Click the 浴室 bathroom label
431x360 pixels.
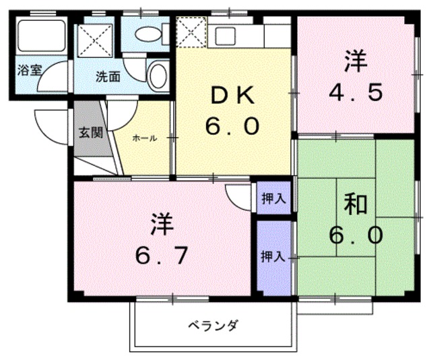pyautogui.click(x=27, y=69)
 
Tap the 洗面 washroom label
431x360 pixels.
pyautogui.click(x=108, y=76)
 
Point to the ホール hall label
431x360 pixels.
pyautogui.click(x=145, y=138)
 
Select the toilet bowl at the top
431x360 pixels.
pyautogui.click(x=145, y=33)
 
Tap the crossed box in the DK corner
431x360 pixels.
pyautogui.click(x=190, y=32)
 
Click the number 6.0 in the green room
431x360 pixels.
pyautogui.click(x=356, y=235)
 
